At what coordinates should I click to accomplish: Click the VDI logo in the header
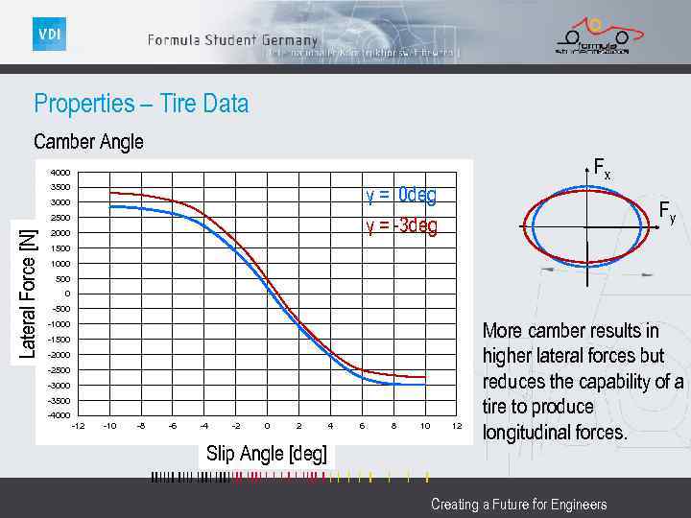[x=49, y=35]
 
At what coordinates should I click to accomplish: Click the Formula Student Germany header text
[x=232, y=40]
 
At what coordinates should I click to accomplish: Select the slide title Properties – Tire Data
[x=141, y=104]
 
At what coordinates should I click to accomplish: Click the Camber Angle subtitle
[x=88, y=142]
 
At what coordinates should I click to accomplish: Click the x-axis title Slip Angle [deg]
[x=266, y=454]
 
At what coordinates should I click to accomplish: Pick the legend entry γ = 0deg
[x=400, y=196]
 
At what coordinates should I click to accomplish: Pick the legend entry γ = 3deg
[x=400, y=226]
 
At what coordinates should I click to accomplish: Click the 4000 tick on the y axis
[x=60, y=173]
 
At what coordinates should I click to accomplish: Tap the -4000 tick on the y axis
[x=60, y=415]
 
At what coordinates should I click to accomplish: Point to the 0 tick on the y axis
[x=66, y=294]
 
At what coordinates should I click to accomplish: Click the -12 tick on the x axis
[x=78, y=426]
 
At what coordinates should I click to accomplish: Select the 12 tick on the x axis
[x=457, y=426]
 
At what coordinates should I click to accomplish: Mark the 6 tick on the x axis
[x=362, y=426]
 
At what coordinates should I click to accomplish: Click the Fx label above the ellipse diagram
[x=602, y=169]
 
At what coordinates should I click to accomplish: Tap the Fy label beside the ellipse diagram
[x=666, y=212]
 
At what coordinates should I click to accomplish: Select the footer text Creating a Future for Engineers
[x=518, y=505]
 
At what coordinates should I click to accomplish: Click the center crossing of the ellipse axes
[x=585, y=226]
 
